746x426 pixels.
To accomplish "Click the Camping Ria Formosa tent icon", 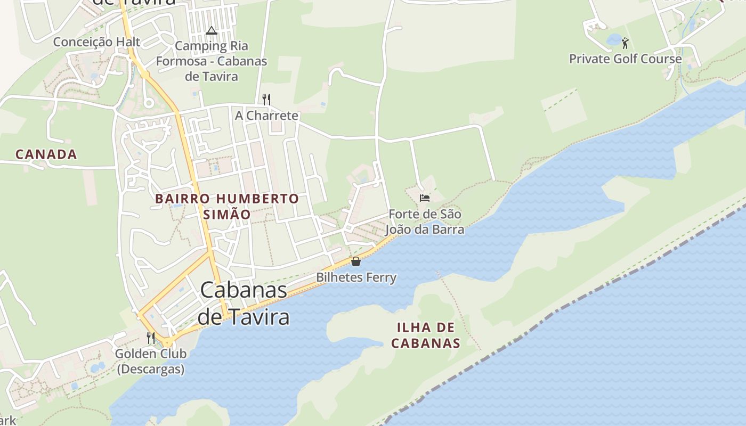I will pos(211,31).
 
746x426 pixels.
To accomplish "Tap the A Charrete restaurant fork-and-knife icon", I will pos(266,99).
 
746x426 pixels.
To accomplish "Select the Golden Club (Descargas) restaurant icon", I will pos(151,338).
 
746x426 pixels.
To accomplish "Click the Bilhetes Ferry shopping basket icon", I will pos(356,261).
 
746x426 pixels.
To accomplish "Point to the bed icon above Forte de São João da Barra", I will pos(424,198).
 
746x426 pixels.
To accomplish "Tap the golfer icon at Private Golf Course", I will pos(625,43).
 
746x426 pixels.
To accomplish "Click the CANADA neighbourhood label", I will pos(46,154).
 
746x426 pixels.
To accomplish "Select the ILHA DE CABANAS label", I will pos(426,335).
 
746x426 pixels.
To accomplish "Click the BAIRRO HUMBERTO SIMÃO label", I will pos(227,207).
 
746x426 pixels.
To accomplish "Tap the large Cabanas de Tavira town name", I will pos(244,304).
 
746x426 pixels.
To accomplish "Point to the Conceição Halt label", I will pos(96,42).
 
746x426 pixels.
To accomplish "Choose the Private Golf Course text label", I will pos(625,59).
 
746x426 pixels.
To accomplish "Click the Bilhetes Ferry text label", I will pos(356,277).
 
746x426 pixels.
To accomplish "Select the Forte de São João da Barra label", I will pos(425,222).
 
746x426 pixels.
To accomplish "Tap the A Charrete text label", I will pos(266,116).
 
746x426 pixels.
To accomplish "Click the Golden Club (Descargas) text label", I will pos(151,361).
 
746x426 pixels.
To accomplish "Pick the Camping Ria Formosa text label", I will pos(212,61).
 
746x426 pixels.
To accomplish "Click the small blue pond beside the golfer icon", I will pos(614,39).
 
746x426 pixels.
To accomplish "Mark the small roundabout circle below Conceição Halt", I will pos(149,102).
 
